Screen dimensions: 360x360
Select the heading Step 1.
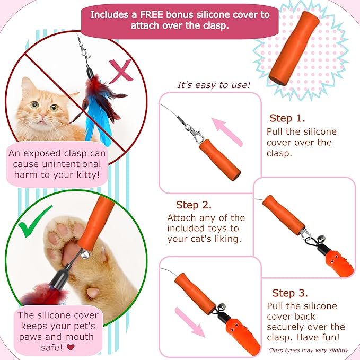point(287,118)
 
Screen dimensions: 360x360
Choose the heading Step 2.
point(194,205)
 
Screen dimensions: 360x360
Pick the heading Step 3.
point(290,293)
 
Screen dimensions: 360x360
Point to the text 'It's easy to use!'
point(214,85)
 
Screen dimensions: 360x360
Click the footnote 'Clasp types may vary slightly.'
point(309,350)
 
